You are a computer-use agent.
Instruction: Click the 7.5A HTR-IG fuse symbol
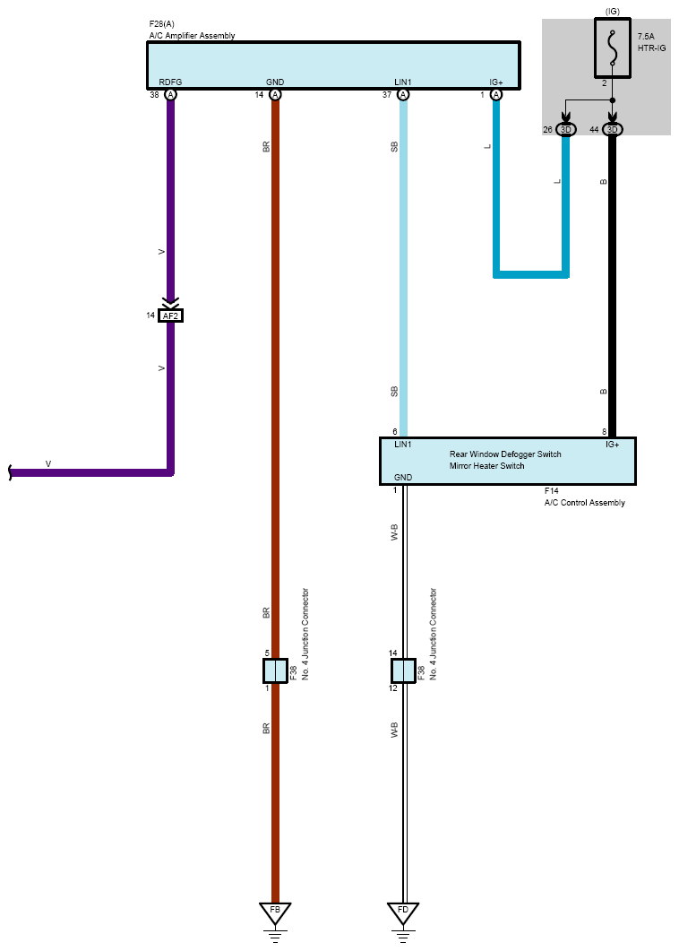click(x=613, y=48)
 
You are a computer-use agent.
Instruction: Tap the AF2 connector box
click(x=170, y=316)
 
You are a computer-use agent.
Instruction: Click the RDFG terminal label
click(x=170, y=82)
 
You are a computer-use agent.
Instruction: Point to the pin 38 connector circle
click(x=171, y=95)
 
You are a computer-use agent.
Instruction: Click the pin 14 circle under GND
click(x=275, y=95)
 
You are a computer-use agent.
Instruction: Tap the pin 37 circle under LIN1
click(x=403, y=95)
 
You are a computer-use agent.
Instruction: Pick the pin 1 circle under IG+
click(x=496, y=95)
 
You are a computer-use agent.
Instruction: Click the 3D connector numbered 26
click(x=565, y=129)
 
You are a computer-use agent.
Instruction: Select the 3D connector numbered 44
click(x=613, y=129)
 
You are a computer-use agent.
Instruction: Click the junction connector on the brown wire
click(x=275, y=670)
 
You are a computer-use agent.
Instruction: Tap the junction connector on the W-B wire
click(x=403, y=670)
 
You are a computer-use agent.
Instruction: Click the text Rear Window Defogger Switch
click(x=505, y=454)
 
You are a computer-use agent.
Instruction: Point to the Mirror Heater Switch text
click(x=486, y=466)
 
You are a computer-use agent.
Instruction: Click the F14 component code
click(x=551, y=490)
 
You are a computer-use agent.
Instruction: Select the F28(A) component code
click(x=162, y=24)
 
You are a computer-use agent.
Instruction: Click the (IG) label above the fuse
click(x=613, y=12)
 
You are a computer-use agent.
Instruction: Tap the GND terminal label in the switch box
click(x=403, y=478)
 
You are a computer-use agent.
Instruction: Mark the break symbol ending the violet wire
click(x=10, y=472)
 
